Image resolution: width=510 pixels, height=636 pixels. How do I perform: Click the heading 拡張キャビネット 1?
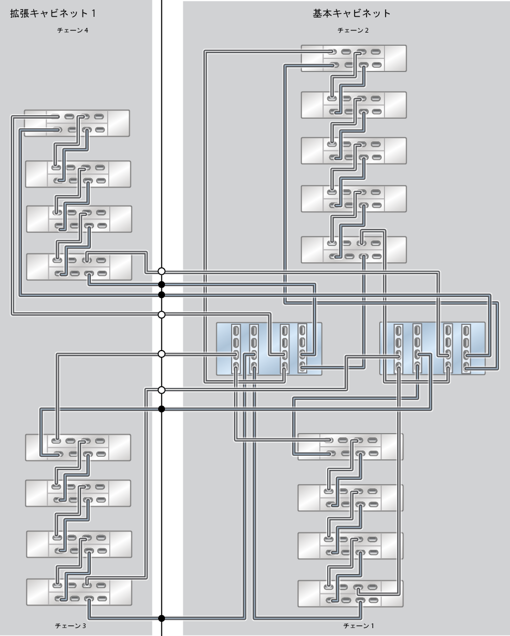click(53, 13)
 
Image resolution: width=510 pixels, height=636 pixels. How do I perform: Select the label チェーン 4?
click(72, 30)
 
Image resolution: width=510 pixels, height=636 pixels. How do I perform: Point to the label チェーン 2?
click(352, 30)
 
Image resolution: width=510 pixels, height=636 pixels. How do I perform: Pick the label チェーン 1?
click(359, 625)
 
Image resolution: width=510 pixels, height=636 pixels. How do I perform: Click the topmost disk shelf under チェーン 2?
click(353, 58)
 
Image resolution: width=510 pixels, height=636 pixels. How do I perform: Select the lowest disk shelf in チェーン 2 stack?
click(353, 250)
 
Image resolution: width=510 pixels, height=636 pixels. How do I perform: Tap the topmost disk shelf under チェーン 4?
click(77, 123)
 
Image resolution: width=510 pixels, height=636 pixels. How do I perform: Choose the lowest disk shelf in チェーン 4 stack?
click(79, 266)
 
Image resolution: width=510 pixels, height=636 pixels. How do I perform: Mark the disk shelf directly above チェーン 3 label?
click(79, 591)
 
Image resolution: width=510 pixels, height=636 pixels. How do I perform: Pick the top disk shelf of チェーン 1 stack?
click(350, 446)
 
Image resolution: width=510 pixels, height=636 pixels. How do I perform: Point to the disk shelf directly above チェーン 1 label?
click(350, 593)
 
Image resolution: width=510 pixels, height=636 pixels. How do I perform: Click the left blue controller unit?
click(269, 349)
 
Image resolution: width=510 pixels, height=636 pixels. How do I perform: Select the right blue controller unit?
click(432, 349)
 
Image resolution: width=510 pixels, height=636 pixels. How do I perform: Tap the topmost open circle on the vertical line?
click(162, 271)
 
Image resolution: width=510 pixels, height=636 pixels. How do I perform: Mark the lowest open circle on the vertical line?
click(162, 390)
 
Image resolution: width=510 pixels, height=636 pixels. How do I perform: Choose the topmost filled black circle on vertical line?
click(162, 284)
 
